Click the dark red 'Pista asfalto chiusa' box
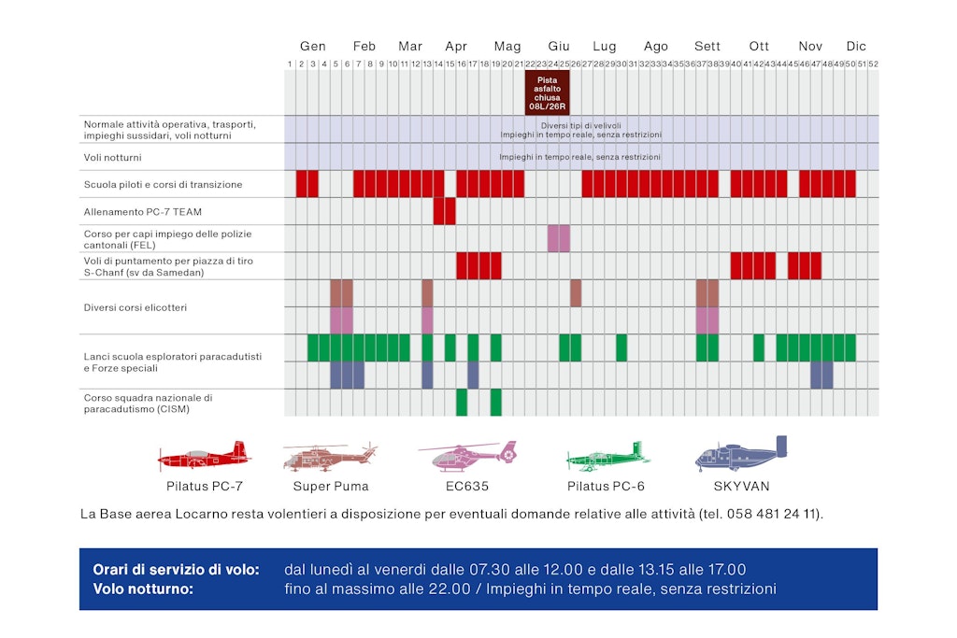[547, 93]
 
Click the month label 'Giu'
[559, 47]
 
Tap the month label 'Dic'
[856, 47]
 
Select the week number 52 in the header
[873, 64]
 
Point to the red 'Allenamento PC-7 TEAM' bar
[445, 211]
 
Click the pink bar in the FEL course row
[559, 238]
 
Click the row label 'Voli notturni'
[109, 157]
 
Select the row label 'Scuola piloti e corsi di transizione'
[163, 184]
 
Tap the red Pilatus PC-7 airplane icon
[204, 456]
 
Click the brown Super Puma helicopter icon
[330, 456]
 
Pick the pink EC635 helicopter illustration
[467, 456]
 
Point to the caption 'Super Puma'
[331, 487]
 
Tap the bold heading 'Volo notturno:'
[143, 589]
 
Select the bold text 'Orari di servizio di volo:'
[176, 570]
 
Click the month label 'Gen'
[313, 47]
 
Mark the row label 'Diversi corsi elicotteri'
[135, 307]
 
